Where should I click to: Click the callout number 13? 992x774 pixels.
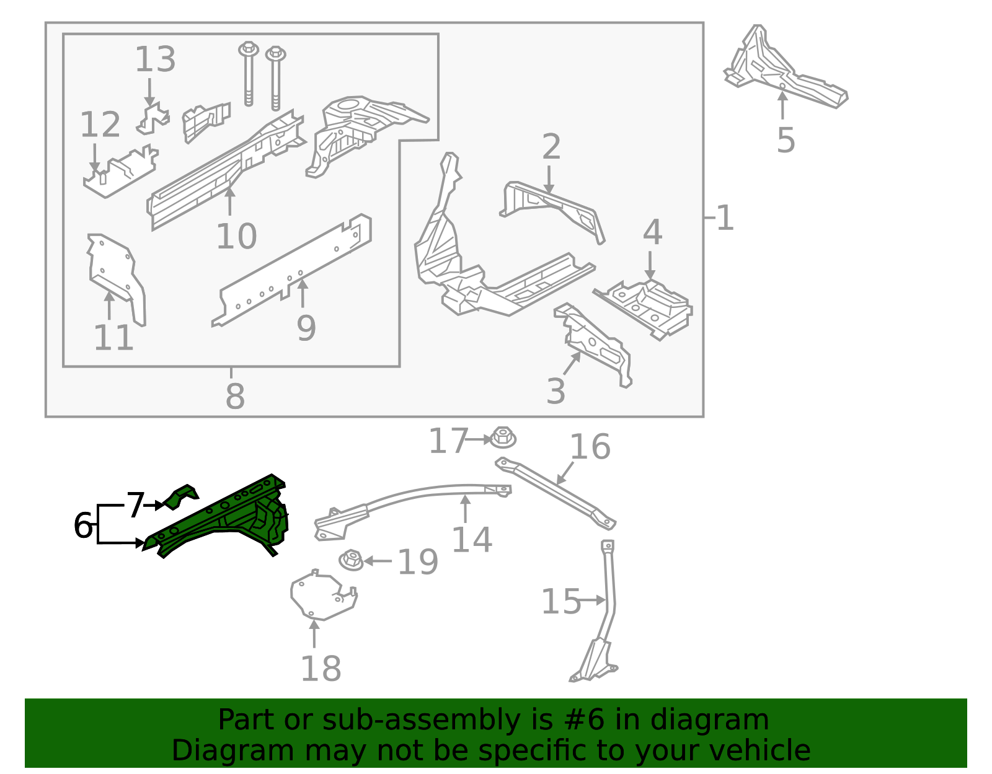pos(155,60)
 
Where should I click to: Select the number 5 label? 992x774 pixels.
pos(786,141)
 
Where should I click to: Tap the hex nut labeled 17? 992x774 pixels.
pos(503,438)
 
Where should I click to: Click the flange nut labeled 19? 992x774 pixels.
pos(351,560)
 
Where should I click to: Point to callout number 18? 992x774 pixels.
pos(321,669)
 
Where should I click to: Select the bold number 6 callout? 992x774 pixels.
pos(82,526)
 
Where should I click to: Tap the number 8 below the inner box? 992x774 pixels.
pos(235,396)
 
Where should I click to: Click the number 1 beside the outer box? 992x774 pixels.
pos(725,218)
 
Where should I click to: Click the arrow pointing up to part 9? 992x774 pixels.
pos(303,294)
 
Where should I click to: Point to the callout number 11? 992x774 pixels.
pos(113,338)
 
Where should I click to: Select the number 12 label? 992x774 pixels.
pos(100,125)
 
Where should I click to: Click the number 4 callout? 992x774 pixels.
pos(652,232)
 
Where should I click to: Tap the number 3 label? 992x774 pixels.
pos(556,392)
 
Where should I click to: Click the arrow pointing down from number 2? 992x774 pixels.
pos(549,179)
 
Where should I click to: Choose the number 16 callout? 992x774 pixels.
pos(590,447)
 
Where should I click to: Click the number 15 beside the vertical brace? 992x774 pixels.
pos(560,602)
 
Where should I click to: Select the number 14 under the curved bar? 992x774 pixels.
pos(471,540)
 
